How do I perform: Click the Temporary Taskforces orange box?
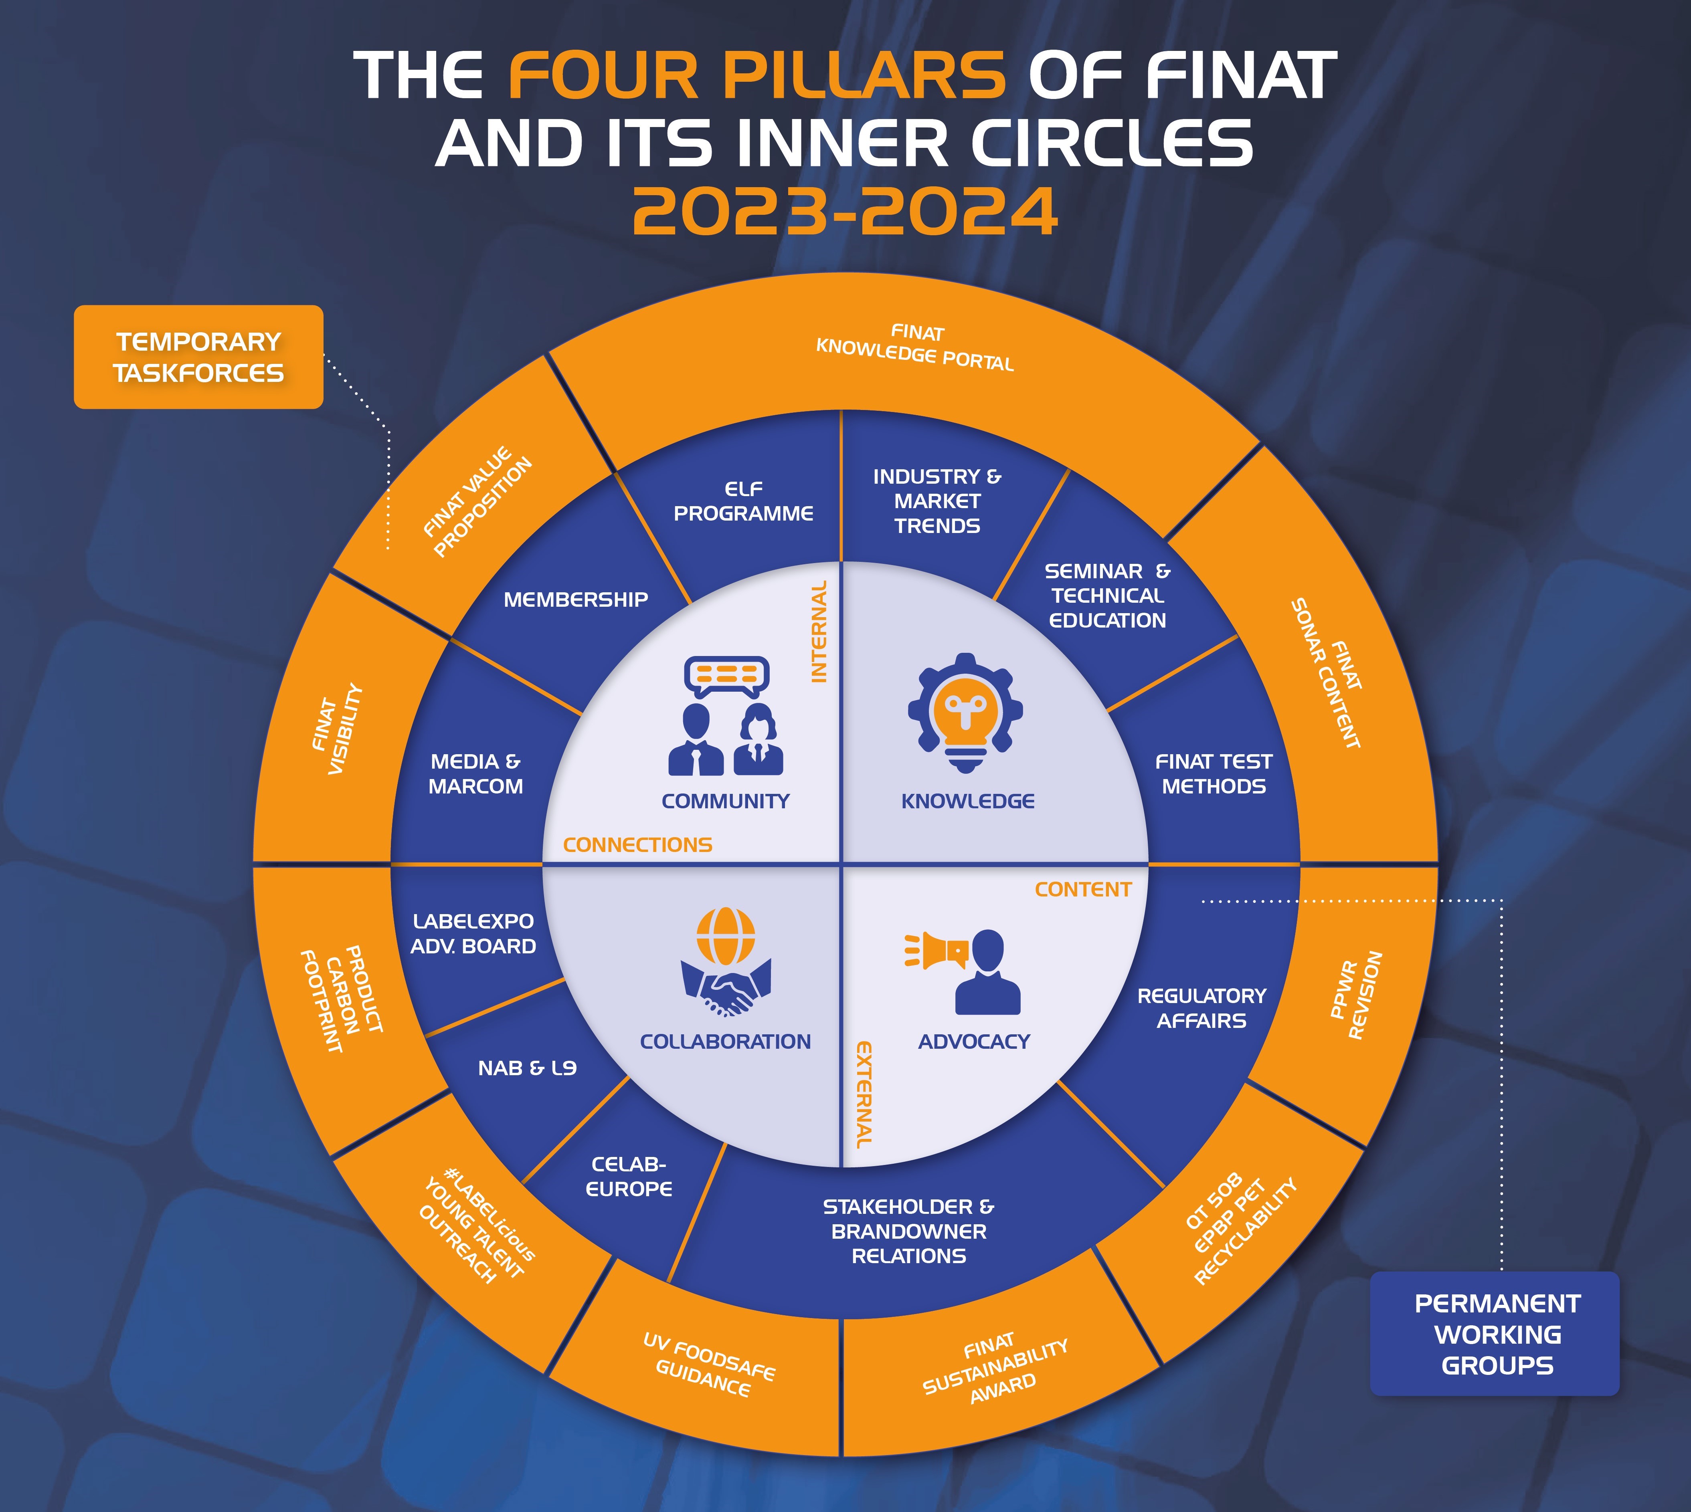click(198, 357)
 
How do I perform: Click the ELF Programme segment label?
click(743, 501)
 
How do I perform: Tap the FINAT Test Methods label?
click(1213, 773)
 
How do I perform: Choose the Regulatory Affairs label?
click(1201, 1008)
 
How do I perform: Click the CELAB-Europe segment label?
click(629, 1176)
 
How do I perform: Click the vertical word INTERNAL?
click(819, 632)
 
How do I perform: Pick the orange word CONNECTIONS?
click(637, 845)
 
